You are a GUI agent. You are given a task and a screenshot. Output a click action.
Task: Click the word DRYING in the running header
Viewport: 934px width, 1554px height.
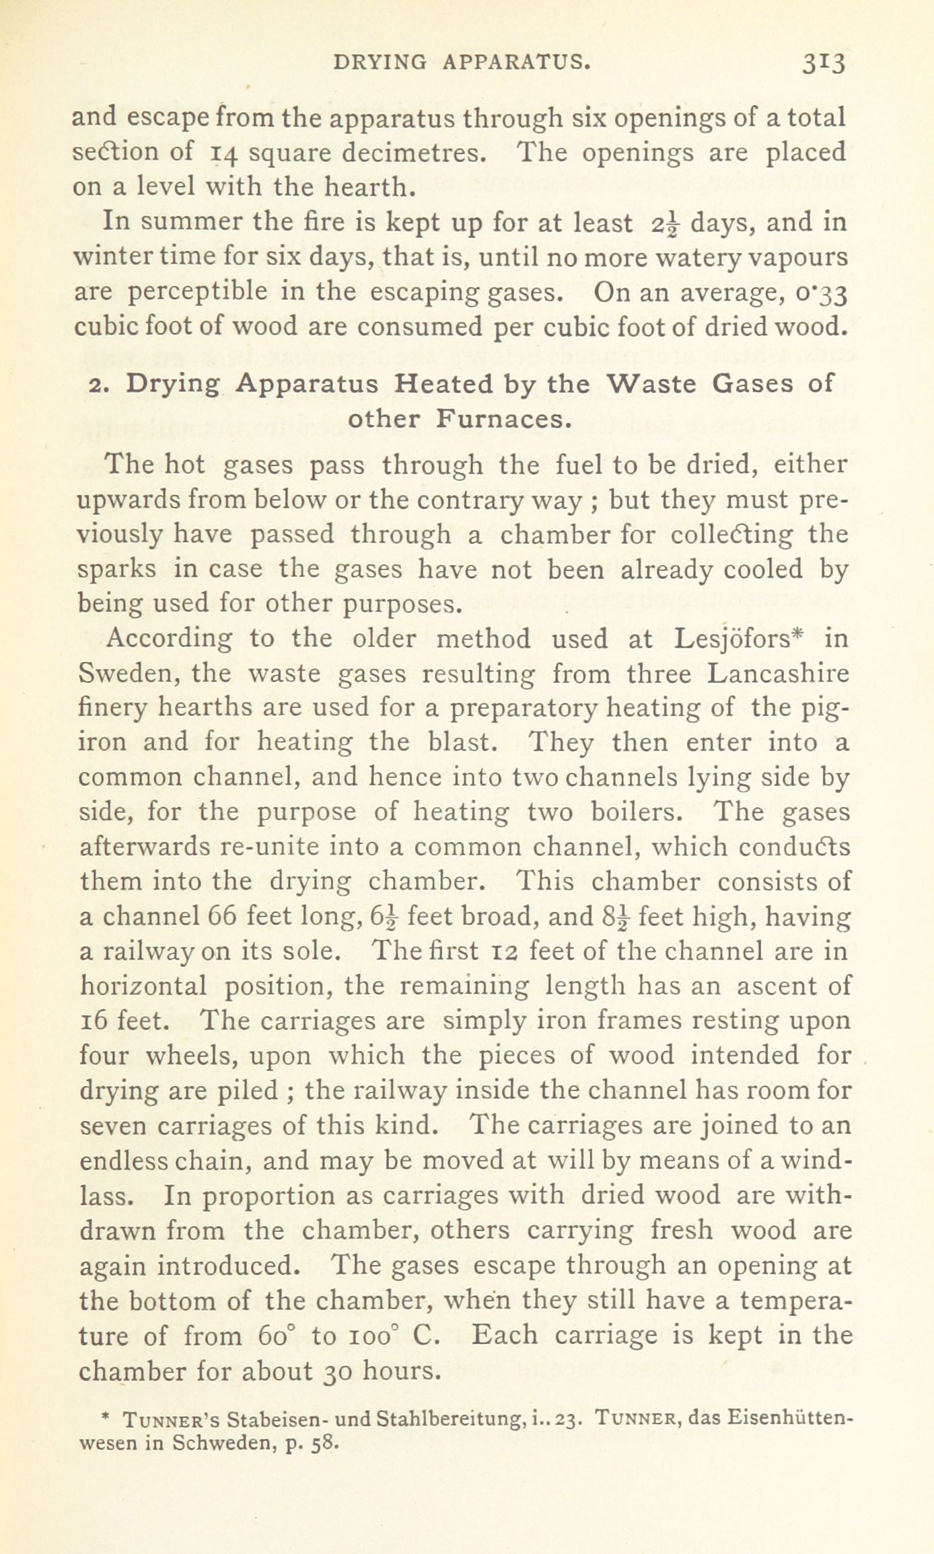coord(380,63)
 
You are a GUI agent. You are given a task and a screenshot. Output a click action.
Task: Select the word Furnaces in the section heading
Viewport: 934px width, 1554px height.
coord(503,419)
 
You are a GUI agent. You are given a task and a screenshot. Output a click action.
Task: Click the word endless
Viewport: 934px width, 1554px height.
coord(125,1161)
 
